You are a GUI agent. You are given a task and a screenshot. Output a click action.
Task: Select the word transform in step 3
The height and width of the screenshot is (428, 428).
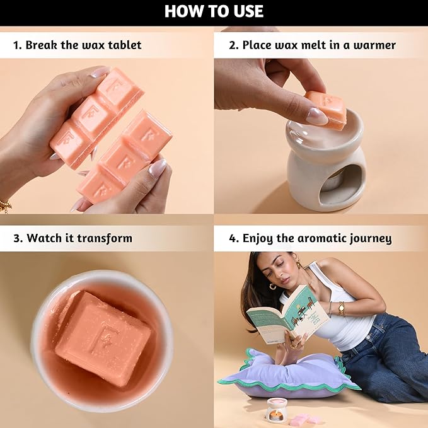(x=105, y=238)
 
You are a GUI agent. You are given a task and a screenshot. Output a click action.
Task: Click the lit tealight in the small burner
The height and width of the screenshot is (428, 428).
(x=273, y=416)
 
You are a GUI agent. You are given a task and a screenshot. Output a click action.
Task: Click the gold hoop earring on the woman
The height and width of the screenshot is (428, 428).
(x=272, y=287)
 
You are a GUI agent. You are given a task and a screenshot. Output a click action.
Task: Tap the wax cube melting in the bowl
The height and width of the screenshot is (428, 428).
(x=103, y=338)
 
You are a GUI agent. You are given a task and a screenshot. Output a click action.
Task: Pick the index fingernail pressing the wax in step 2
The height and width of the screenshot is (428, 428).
(x=316, y=116)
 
